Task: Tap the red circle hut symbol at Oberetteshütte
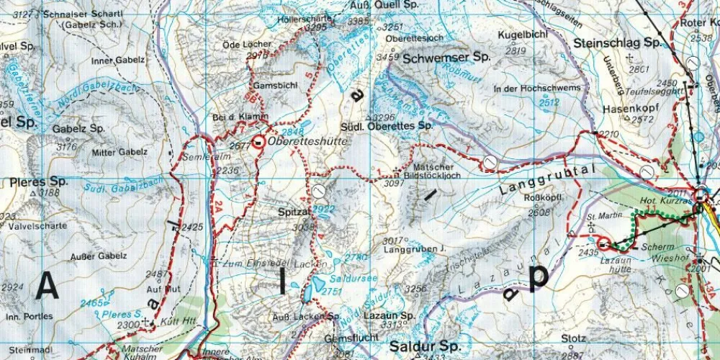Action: [258, 142]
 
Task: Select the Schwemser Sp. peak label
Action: [446, 57]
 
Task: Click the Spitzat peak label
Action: [294, 213]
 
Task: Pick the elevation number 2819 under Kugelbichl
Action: [516, 51]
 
